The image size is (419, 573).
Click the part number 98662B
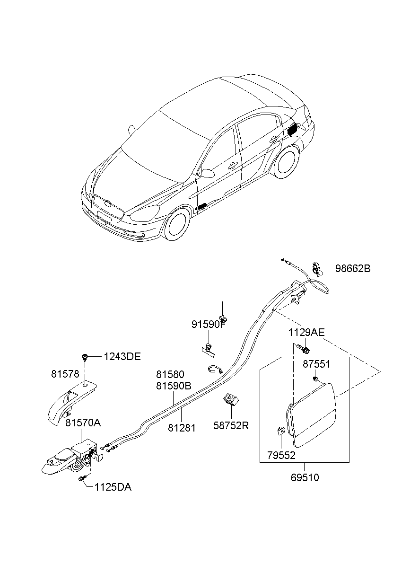[x=353, y=269]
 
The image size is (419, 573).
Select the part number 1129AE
[x=306, y=333]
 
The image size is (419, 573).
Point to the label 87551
[x=316, y=365]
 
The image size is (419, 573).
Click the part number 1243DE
[x=122, y=357]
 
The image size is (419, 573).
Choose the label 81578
[x=65, y=374]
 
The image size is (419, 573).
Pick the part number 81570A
[x=83, y=423]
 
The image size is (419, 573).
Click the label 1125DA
[x=113, y=487]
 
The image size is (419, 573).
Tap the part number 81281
[x=182, y=427]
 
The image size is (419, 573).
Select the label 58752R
[x=231, y=425]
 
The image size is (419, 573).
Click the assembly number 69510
[x=305, y=477]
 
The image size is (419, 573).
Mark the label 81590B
[x=174, y=386]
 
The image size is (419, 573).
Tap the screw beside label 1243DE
[x=86, y=356]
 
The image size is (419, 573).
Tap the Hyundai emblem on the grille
[x=108, y=205]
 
